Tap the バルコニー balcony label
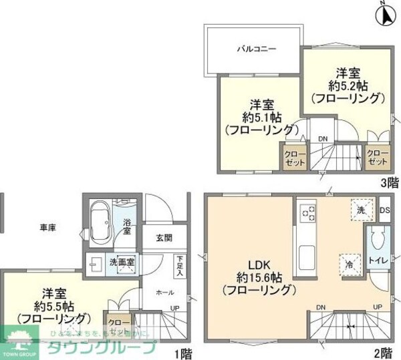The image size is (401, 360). [257, 49]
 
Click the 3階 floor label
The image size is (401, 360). [390, 182]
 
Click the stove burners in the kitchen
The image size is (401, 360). [307, 214]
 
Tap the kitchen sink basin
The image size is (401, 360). [308, 254]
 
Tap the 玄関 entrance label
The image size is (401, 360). [164, 237]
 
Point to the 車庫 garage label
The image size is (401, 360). [47, 228]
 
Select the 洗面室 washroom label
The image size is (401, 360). [122, 261]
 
